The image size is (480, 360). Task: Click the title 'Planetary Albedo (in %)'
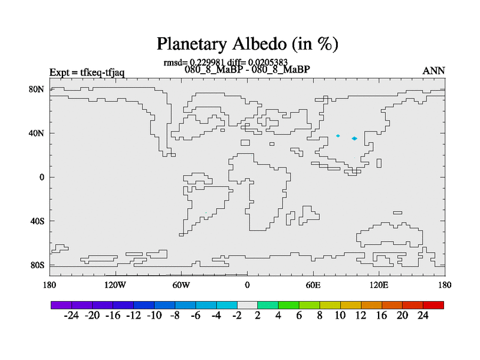(x=247, y=44)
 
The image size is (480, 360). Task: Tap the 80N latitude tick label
(x=37, y=89)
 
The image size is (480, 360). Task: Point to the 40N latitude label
(x=37, y=133)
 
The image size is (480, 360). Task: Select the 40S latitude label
(x=37, y=221)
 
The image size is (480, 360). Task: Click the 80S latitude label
(x=37, y=265)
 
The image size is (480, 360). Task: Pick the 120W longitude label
(x=115, y=286)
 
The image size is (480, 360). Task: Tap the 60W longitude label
(x=181, y=286)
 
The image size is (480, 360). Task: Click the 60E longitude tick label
(x=313, y=286)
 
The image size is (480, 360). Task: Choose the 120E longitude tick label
(x=379, y=286)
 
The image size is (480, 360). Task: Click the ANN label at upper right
(x=433, y=71)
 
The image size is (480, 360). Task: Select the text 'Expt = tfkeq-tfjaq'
(x=87, y=73)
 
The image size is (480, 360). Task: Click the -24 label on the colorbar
(x=71, y=316)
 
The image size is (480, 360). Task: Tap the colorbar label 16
(x=382, y=316)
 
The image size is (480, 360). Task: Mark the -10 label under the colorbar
(x=154, y=316)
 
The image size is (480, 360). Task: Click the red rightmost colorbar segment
(x=433, y=305)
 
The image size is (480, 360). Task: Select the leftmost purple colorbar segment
(x=61, y=305)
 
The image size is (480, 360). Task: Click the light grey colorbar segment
(x=247, y=305)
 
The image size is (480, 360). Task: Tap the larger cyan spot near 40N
(x=355, y=139)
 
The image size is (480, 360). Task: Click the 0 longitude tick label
(x=247, y=286)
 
